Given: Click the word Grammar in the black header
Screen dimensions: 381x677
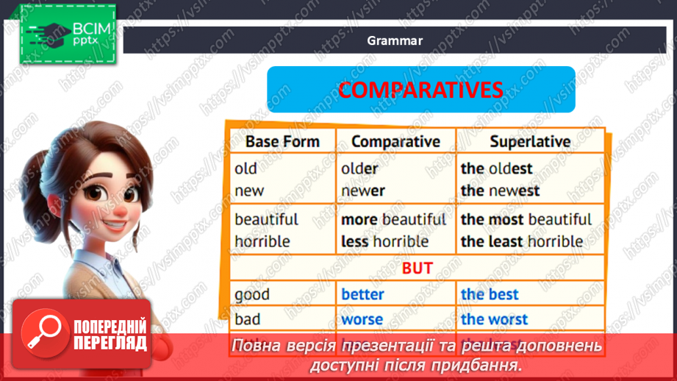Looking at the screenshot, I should click(x=395, y=41).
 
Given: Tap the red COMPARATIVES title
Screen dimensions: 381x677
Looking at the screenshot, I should click(x=420, y=90).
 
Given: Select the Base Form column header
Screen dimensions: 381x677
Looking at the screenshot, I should click(x=282, y=141).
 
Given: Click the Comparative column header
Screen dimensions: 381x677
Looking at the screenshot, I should click(x=395, y=141).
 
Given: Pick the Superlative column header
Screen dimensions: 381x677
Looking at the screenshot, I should click(x=530, y=141).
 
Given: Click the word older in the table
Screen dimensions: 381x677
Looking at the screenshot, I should click(x=359, y=168).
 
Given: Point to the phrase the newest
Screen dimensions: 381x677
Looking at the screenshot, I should click(x=500, y=190).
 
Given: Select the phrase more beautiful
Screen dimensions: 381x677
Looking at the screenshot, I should click(x=393, y=219).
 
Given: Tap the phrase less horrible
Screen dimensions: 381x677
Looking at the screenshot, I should click(x=384, y=241).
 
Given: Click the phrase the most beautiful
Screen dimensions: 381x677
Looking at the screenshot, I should click(x=526, y=219).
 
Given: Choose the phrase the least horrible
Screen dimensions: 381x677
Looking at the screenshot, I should click(x=522, y=241).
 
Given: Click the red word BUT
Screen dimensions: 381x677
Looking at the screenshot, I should click(x=417, y=268).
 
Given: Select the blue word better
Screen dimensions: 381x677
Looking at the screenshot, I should click(x=362, y=294).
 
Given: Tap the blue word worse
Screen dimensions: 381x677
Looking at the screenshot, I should click(x=362, y=319).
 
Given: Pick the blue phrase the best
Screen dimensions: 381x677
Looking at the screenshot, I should click(x=490, y=294).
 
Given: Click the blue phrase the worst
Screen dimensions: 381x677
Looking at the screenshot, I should click(x=494, y=319).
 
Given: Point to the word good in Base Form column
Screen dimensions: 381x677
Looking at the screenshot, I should click(x=252, y=294).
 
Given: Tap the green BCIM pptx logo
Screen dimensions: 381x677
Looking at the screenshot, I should click(x=68, y=34).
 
